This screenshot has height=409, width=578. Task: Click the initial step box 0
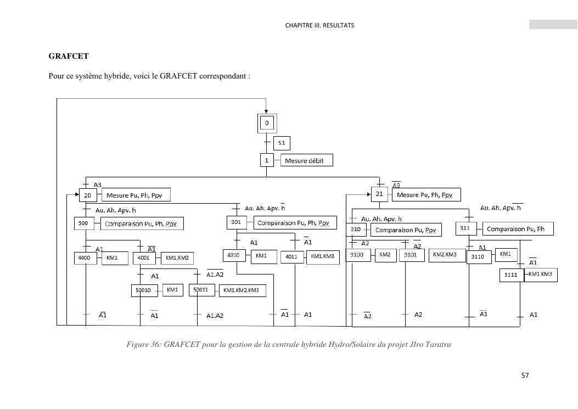(x=267, y=123)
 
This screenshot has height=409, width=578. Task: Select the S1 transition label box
(x=282, y=143)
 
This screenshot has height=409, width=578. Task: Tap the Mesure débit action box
(x=307, y=161)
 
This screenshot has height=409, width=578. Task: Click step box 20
(x=88, y=195)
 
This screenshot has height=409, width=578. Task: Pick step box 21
(x=379, y=194)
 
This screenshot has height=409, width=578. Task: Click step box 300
(x=83, y=223)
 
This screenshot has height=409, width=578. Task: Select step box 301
(x=237, y=222)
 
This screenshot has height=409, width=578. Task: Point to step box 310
(x=356, y=229)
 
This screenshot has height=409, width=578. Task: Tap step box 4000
(x=85, y=257)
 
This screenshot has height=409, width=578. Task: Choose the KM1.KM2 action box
(x=177, y=257)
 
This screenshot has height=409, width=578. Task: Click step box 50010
(x=144, y=290)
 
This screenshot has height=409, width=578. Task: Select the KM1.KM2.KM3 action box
(x=242, y=290)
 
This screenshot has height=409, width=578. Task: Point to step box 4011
(x=291, y=257)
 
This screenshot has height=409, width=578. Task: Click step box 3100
(x=357, y=255)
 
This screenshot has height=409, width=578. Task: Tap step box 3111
(x=511, y=275)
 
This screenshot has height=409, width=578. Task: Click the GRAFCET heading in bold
(x=69, y=56)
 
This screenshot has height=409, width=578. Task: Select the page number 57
(x=525, y=376)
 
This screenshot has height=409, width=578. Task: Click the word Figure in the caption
(x=137, y=345)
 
